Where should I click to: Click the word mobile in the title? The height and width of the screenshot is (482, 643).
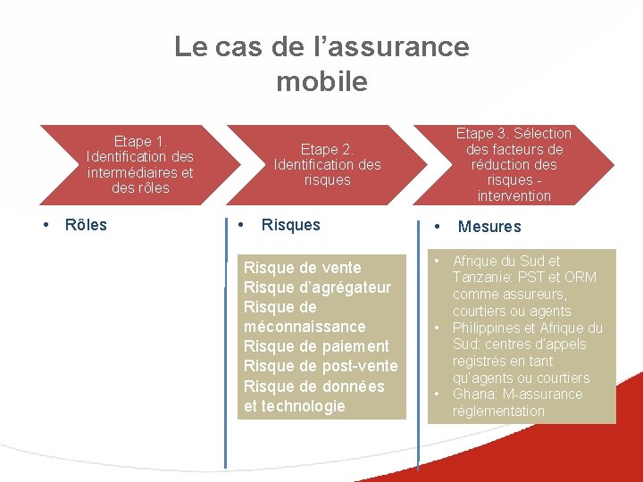[x=321, y=81]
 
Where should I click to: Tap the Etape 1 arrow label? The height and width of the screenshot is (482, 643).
[x=140, y=164]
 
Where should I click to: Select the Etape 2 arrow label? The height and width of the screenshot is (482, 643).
[x=327, y=164]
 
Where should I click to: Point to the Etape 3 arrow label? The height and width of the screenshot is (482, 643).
[x=514, y=164]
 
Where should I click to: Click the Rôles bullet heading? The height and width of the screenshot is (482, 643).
[x=86, y=225]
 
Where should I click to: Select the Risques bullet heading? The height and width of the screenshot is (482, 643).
[x=290, y=225]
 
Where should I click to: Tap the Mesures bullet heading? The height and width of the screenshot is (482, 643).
[x=489, y=227]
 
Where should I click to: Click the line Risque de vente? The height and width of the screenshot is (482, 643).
[x=303, y=268]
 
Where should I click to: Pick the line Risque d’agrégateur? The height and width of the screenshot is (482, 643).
[x=317, y=287]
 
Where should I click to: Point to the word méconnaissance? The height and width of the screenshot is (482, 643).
[x=305, y=327]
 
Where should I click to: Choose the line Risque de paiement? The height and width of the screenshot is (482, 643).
[x=316, y=346]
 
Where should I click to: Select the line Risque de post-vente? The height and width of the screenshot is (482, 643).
[x=321, y=366]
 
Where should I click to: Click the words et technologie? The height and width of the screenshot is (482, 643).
[x=294, y=406]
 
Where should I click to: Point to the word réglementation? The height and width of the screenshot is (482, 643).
[x=498, y=411]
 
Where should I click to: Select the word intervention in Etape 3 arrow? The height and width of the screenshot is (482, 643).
[x=514, y=195]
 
